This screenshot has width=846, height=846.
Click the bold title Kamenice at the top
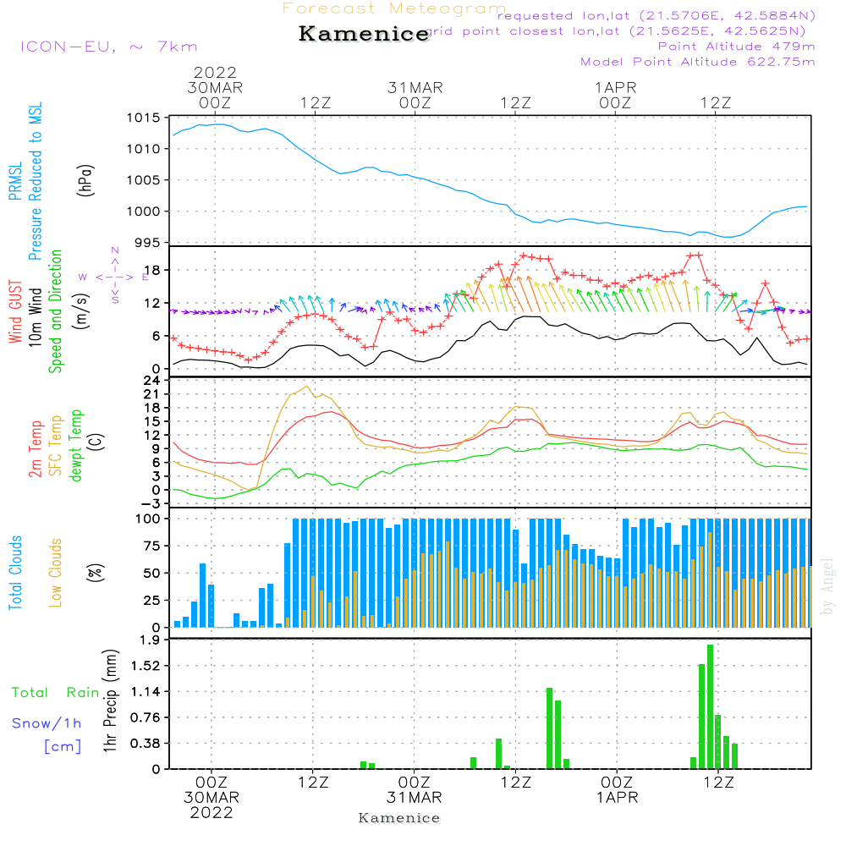pyautogui.click(x=364, y=35)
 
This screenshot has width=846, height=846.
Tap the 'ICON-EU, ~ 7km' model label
pyautogui.click(x=108, y=47)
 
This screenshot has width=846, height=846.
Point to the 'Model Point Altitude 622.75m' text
pyautogui.click(x=698, y=62)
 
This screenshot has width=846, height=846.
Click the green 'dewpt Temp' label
pyautogui.click(x=76, y=446)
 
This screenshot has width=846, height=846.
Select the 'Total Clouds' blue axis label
pyautogui.click(x=16, y=573)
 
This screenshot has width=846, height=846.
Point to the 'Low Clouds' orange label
pyautogui.click(x=56, y=573)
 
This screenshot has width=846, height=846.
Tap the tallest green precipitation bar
pyautogui.click(x=710, y=706)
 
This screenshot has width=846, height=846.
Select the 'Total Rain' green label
pyautogui.click(x=56, y=693)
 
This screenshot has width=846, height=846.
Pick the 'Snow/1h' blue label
pyautogui.click(x=47, y=723)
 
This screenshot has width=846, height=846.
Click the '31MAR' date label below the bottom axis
pyautogui.click(x=415, y=798)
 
